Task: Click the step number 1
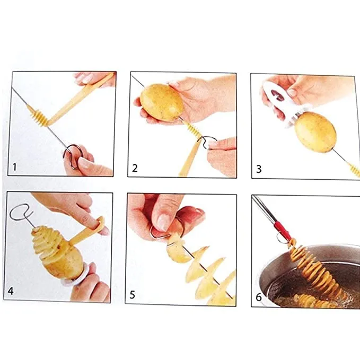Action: [x=14, y=167]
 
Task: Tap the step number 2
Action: [x=135, y=168]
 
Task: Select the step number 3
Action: [x=259, y=169]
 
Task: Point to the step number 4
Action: [x=11, y=291]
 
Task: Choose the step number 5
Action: [x=132, y=295]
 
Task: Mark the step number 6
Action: [x=259, y=297]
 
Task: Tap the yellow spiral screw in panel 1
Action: [x=38, y=115]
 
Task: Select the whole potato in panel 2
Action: [x=162, y=103]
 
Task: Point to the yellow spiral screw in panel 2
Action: [x=194, y=130]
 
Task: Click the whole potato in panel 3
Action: [x=315, y=132]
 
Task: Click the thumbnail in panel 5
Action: [x=163, y=223]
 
